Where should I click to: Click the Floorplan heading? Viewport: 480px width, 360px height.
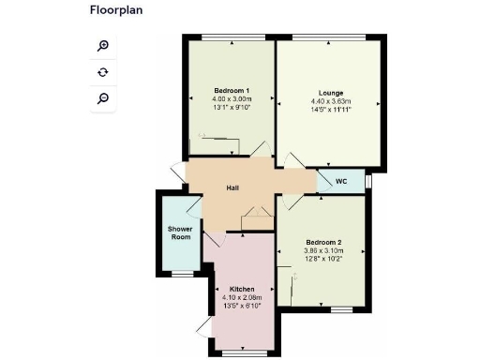pos(117,11)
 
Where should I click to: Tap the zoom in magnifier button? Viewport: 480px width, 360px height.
pos(103,46)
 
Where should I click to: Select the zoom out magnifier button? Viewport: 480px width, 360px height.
pos(103,97)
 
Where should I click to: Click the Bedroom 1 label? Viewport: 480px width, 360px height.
pos(231,90)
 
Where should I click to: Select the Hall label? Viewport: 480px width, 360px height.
pos(233,188)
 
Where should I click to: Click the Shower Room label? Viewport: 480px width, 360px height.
pos(180,232)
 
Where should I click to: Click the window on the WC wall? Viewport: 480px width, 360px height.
pos(367,181)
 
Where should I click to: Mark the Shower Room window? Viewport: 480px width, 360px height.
pos(180,273)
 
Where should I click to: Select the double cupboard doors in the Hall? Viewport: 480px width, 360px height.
pos(254,221)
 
